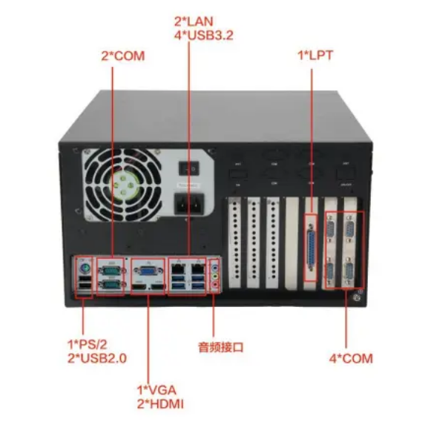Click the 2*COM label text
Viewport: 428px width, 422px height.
(123, 56)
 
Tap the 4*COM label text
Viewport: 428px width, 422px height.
(351, 359)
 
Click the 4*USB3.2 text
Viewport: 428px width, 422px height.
(194, 36)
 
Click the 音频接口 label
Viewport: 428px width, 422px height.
(220, 346)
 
